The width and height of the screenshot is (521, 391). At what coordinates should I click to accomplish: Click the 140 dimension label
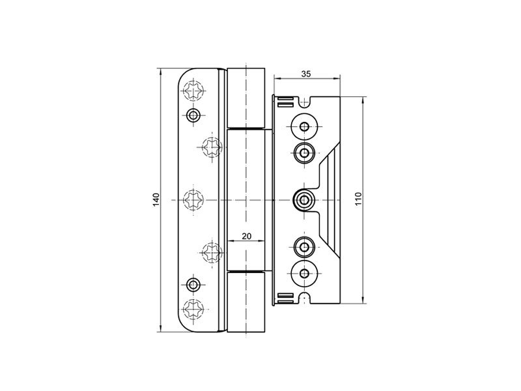(156, 199)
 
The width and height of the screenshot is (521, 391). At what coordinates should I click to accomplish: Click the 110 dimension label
(358, 199)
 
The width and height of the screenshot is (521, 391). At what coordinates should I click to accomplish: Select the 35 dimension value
(306, 74)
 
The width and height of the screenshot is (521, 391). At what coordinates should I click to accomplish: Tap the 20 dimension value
(246, 236)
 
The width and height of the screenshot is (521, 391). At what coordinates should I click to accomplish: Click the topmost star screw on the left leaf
(193, 90)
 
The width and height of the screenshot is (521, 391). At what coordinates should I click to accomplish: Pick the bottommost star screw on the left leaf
(193, 309)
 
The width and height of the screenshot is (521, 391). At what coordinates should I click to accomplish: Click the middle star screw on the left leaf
(193, 199)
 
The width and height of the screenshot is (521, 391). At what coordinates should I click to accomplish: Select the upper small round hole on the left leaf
(192, 115)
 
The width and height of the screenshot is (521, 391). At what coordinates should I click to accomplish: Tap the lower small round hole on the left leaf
(192, 285)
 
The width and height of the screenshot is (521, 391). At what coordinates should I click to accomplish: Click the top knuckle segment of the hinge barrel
(246, 98)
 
